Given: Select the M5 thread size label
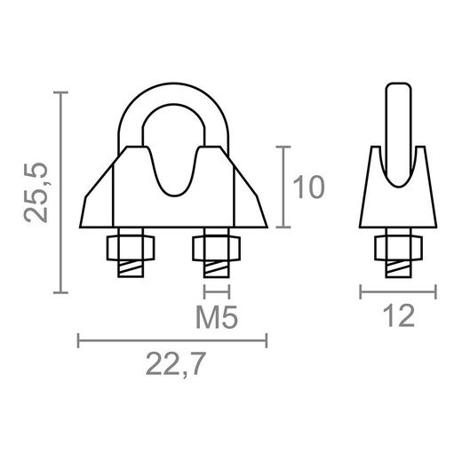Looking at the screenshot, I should pyautogui.click(x=217, y=317).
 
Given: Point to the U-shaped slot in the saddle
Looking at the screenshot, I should pyautogui.click(x=173, y=173).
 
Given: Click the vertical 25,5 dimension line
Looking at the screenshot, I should pyautogui.click(x=61, y=192).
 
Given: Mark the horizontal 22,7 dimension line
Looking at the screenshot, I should pyautogui.click(x=173, y=339).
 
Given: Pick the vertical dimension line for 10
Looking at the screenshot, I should pyautogui.click(x=283, y=188).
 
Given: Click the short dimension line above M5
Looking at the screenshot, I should pyautogui.click(x=217, y=291).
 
